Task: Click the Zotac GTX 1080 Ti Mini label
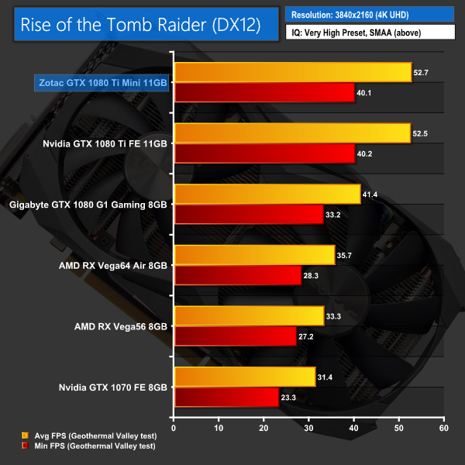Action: tap(102, 83)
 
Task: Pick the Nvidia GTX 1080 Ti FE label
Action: tap(106, 143)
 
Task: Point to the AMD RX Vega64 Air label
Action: tap(113, 265)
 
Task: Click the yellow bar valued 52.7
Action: tap(293, 72)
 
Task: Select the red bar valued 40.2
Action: tap(265, 153)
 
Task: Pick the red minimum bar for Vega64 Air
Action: tap(238, 275)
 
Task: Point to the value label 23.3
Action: tap(291, 397)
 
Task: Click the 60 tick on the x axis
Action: tap(443, 427)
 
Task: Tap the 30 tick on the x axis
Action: tap(309, 427)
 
